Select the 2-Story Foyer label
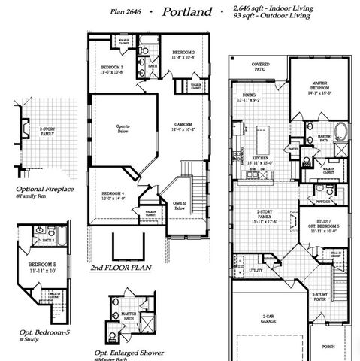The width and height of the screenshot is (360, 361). [320, 296]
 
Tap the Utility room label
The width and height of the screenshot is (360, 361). [256, 269]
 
